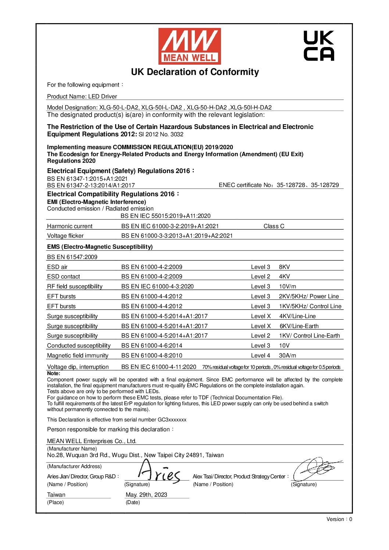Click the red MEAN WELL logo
click(189, 46)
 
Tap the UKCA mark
click(319, 46)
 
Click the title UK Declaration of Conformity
click(195, 72)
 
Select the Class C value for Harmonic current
click(274, 226)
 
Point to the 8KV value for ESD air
click(284, 267)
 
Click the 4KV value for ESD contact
click(284, 277)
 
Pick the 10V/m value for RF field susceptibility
click(287, 287)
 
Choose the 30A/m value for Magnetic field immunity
click(287, 356)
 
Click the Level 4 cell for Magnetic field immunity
click(260, 356)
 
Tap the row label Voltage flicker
click(65, 236)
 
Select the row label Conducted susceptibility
click(79, 346)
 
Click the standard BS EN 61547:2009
click(72, 257)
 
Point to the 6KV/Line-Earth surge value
click(299, 326)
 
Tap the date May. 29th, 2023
click(146, 495)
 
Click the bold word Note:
click(54, 373)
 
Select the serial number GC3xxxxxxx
click(172, 420)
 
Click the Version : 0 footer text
click(339, 519)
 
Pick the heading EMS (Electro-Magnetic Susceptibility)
click(100, 247)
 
